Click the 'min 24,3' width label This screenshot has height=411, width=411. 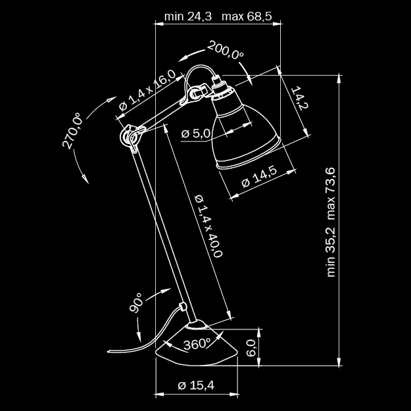[188, 16]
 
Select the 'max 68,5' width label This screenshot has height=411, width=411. [247, 16]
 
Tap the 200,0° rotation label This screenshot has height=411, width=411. [226, 50]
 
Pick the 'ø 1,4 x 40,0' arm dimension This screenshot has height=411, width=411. [209, 226]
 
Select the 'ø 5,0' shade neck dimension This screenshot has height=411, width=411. [195, 133]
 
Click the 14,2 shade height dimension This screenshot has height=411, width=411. [301, 97]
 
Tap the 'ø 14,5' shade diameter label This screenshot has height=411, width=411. [259, 176]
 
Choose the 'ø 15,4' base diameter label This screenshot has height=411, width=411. [196, 385]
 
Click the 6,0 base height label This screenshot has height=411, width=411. [251, 348]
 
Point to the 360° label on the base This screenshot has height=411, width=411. [197, 344]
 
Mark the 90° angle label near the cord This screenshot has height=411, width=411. [136, 302]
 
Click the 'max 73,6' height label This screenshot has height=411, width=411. [331, 194]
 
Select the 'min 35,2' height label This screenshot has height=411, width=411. [331, 252]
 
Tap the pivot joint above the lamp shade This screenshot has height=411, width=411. [195, 93]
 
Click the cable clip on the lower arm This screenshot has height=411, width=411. [183, 306]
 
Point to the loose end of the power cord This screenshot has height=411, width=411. [108, 351]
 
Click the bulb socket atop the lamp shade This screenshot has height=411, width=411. [221, 89]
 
